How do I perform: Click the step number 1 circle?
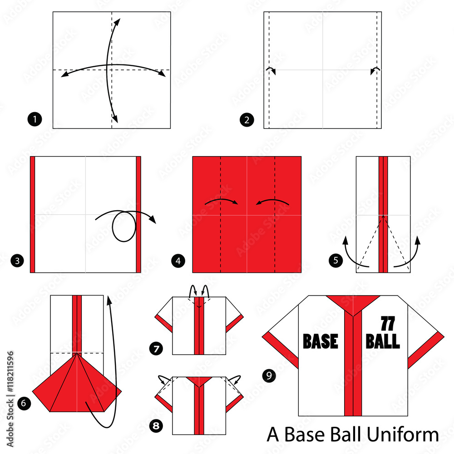[35, 119]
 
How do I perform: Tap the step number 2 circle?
[247, 120]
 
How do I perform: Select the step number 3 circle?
[17, 261]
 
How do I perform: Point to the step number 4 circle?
[178, 261]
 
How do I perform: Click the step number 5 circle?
[336, 260]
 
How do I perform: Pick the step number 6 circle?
[24, 403]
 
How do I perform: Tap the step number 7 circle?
[156, 348]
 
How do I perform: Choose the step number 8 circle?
[156, 426]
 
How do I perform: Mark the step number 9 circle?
[269, 375]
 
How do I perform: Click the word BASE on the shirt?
[320, 341]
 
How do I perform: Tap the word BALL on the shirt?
[382, 341]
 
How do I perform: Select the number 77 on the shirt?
[388, 324]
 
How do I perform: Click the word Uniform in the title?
[403, 434]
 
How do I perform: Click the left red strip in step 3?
[32, 215]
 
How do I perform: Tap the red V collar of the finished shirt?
[353, 304]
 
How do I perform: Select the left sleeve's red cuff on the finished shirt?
[280, 350]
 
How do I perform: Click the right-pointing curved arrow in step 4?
[222, 201]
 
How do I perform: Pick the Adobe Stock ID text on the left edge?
[10, 399]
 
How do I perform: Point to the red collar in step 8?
[199, 381]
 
